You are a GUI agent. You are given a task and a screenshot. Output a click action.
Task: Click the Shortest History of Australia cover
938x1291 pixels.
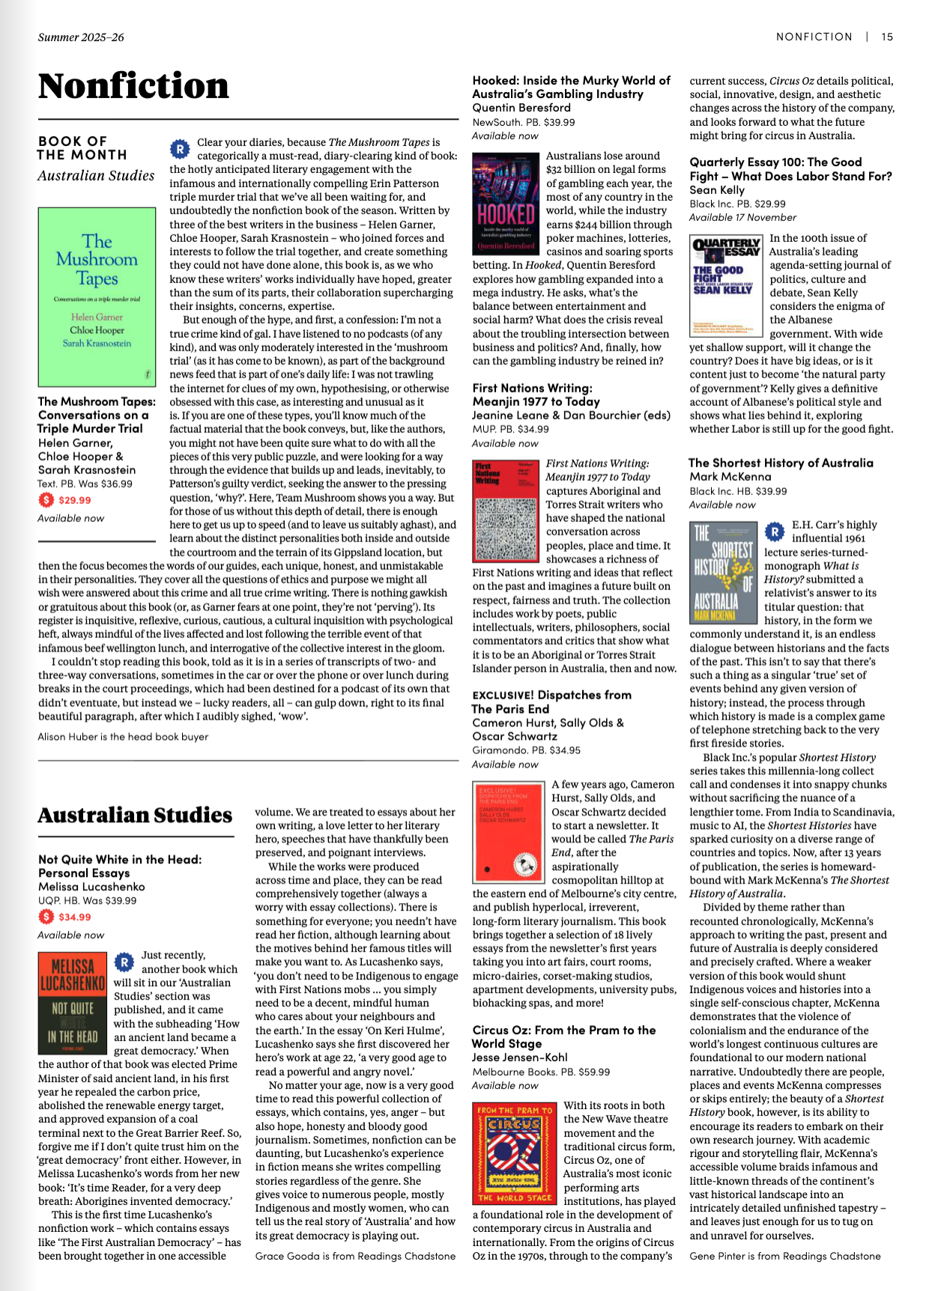[x=722, y=573]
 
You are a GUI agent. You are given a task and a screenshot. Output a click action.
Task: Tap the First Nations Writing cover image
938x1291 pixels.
[x=506, y=511]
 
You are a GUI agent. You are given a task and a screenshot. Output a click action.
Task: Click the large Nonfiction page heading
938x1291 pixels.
[x=133, y=86]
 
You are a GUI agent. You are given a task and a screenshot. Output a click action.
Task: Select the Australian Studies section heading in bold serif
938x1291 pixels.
[x=135, y=815]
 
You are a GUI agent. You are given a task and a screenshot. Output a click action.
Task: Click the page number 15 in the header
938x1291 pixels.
[x=887, y=37]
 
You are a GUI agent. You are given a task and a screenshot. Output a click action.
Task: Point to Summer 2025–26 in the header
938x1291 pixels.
[x=81, y=37]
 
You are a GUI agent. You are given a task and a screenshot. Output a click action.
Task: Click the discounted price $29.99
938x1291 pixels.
[x=75, y=500]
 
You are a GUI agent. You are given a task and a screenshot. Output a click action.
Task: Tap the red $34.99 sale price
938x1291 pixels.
[x=75, y=917]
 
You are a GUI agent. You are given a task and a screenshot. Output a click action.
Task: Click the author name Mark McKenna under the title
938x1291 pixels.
[x=730, y=477]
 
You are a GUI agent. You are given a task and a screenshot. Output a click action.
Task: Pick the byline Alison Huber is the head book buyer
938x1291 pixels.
[x=123, y=737]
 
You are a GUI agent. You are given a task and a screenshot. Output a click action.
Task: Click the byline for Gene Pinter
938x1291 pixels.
[x=784, y=1256]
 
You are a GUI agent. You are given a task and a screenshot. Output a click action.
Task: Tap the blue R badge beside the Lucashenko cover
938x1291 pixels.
[x=124, y=962]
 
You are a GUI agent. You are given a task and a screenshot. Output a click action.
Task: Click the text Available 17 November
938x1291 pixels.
[x=742, y=218]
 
